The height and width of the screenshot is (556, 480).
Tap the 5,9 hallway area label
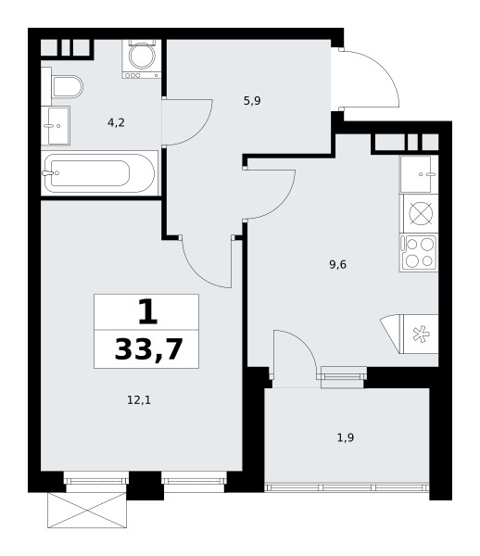point(252,101)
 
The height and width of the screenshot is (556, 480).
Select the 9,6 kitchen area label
point(337,264)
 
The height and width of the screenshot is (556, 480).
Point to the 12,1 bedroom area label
point(138,400)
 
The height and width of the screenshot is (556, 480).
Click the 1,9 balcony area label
point(345,437)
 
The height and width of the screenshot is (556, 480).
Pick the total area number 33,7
point(148,349)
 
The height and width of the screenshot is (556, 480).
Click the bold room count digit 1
point(145,310)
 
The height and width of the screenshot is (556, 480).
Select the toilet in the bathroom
point(65,87)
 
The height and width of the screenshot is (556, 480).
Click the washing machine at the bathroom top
point(142,57)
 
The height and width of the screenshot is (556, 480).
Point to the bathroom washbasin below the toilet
point(56,125)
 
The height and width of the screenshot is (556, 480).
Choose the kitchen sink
point(418,173)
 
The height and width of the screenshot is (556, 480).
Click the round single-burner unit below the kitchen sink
point(419,213)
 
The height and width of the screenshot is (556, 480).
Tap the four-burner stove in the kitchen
point(419,252)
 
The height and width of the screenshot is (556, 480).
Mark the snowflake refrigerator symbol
point(419,335)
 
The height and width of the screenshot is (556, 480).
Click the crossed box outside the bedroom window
point(87,511)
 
